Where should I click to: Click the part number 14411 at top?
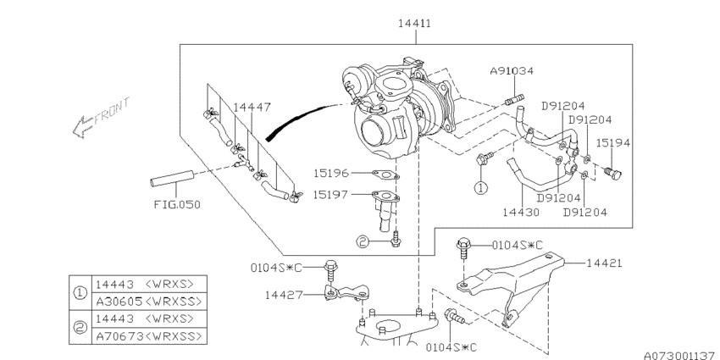(415, 23)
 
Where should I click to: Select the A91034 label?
(512, 71)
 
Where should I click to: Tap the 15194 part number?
(613, 143)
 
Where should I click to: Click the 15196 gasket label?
(331, 173)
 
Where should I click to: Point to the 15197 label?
(330, 195)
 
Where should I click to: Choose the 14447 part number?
(252, 108)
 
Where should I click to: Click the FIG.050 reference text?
(177, 204)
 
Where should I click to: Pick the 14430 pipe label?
(521, 212)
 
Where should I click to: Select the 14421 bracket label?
(604, 263)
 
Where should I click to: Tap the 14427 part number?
(283, 295)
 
